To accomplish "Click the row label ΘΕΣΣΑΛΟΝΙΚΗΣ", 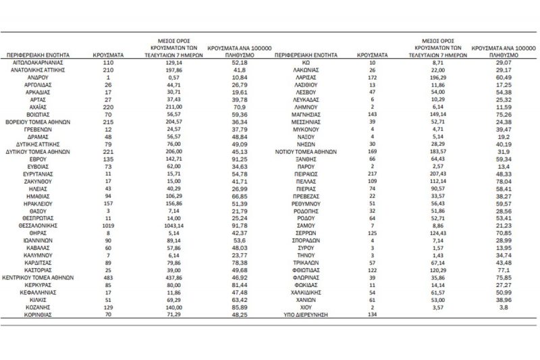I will [44, 227].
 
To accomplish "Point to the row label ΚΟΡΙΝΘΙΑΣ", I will [44, 315].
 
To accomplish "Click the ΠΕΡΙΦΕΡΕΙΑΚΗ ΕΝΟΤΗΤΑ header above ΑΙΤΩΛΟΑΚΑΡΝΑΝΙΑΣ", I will [44, 51].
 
